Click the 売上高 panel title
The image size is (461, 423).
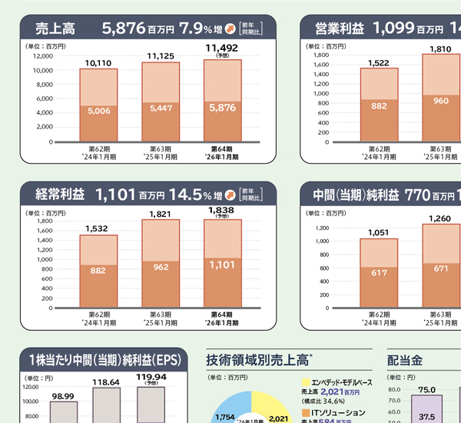55,29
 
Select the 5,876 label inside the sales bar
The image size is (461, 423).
223,108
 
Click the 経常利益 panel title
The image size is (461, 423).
61,195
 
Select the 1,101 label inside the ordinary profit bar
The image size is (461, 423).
223,265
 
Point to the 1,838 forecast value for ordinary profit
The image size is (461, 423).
223,209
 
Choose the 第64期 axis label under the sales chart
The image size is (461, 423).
223,149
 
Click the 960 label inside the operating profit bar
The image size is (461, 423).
440,101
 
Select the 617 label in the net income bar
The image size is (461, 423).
380,274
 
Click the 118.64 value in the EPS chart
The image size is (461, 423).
105,382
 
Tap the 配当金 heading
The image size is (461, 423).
405,359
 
